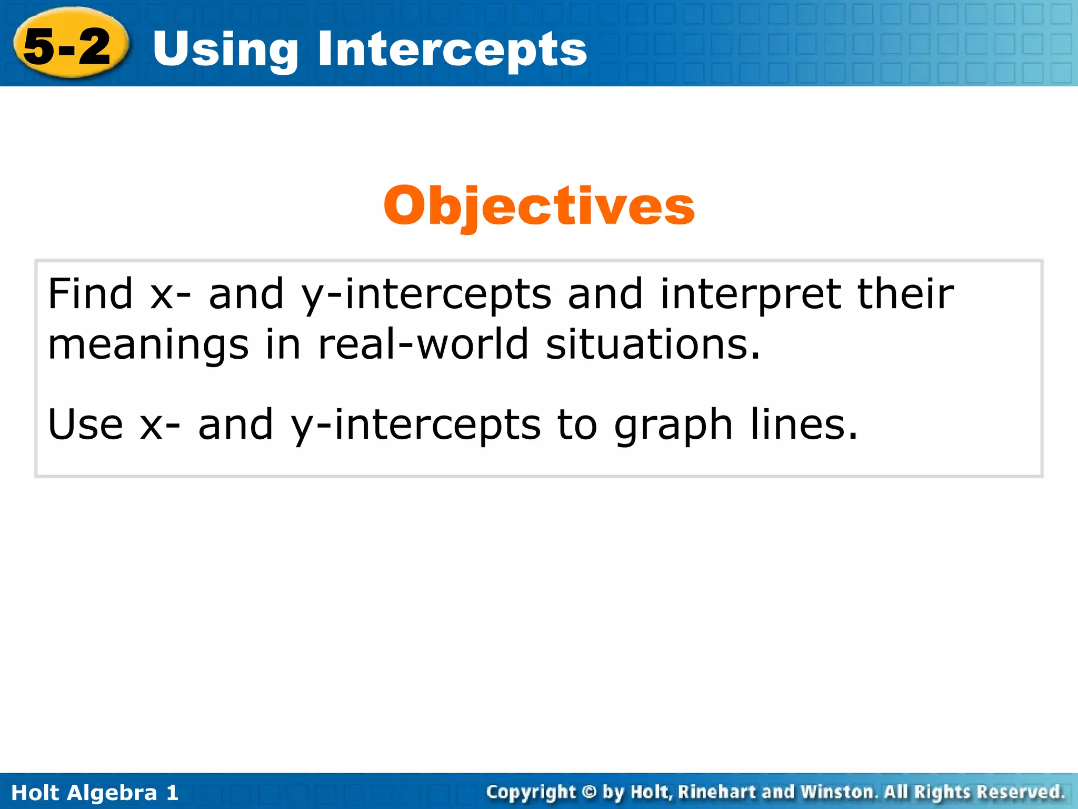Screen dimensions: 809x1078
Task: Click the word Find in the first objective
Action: pos(90,294)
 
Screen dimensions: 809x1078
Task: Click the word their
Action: pos(905,294)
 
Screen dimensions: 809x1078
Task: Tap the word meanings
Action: pos(148,345)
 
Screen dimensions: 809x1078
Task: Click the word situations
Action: pos(653,345)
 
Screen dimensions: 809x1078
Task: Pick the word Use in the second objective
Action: pos(85,425)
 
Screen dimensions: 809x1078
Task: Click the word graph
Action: pos(673,425)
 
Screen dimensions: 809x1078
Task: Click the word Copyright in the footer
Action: pos(531,792)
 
